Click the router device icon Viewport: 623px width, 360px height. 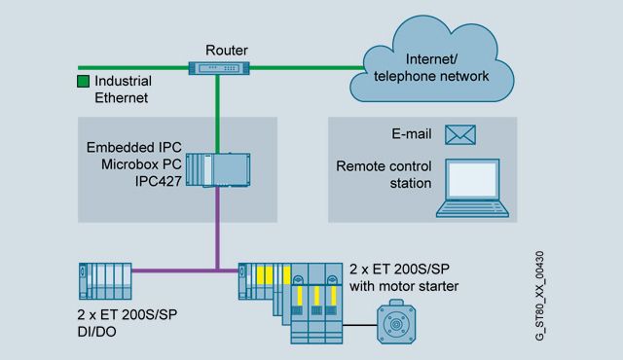pos(218,68)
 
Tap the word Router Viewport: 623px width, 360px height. pos(227,51)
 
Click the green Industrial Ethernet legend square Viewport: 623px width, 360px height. pos(83,82)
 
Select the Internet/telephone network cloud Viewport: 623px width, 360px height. pos(431,59)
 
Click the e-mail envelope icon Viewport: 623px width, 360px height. pos(460,134)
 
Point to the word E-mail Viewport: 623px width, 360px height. pos(411,134)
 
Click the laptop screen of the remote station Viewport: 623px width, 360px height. pos(472,179)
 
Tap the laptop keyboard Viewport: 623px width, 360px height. pos(472,208)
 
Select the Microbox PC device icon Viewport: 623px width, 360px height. pos(218,170)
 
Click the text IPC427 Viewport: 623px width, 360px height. pos(158,181)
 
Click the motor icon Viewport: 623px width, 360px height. pos(396,322)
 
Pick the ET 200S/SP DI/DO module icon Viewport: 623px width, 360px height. pos(105,281)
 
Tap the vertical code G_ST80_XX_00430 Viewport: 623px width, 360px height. pos(539,296)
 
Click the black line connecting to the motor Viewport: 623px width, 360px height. pos(359,325)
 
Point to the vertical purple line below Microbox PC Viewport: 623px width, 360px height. pos(217,229)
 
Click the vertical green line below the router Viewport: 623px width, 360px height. pos(217,114)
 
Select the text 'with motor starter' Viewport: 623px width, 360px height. pos(404,286)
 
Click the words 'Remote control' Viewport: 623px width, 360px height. pos(384,166)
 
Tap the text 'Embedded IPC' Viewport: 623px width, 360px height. pos(134,147)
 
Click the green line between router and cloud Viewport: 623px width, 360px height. pos(307,68)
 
